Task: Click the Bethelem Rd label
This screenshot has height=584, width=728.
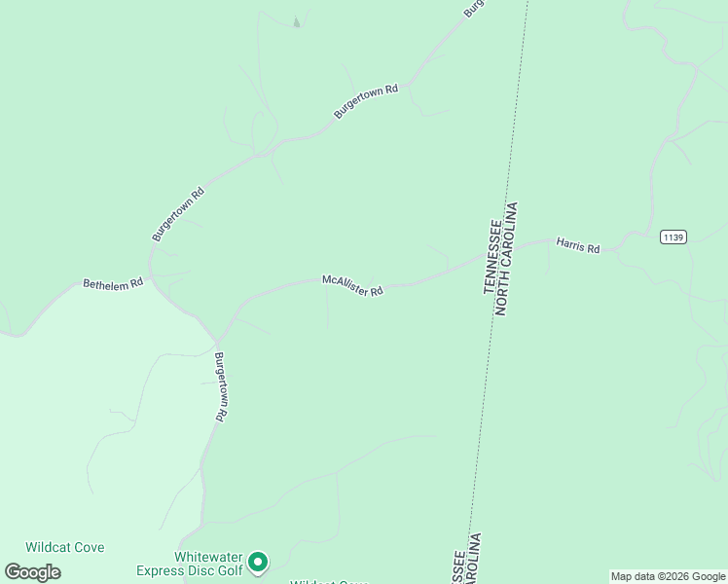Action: tap(113, 283)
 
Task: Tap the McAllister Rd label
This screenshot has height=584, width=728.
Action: tap(353, 285)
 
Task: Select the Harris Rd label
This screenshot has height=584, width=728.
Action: tap(578, 244)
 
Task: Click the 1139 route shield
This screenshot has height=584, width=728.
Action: tap(673, 237)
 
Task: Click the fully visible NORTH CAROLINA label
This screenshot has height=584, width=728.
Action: tap(509, 258)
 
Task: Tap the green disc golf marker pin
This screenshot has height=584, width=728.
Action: tap(258, 561)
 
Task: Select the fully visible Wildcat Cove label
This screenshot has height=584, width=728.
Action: tap(65, 547)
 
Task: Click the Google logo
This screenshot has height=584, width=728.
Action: tap(33, 572)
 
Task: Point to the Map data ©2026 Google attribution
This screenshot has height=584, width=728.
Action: tap(668, 576)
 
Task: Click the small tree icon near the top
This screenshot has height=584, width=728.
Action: tap(296, 21)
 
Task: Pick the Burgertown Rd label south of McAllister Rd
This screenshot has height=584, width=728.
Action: tap(221, 385)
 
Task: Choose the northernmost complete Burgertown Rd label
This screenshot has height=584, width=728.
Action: tap(366, 101)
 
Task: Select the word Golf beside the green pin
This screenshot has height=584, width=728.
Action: tap(230, 570)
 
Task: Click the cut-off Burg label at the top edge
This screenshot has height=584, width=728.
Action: tap(473, 8)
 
